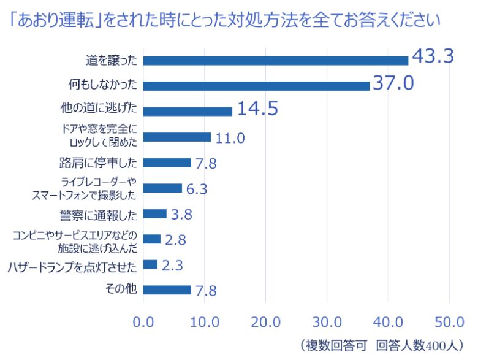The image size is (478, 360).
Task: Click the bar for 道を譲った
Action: [275, 60]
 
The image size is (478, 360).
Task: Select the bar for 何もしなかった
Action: [256, 86]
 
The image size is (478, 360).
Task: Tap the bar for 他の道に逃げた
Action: [188, 111]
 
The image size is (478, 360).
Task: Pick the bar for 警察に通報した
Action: [154, 213]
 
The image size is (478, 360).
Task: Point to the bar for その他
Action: [167, 289]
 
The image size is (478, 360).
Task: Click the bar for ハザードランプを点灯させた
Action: [150, 264]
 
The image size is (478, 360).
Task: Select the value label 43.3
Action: [432, 56]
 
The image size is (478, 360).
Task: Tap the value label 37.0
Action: [393, 82]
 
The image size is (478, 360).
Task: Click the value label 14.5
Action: [257, 109]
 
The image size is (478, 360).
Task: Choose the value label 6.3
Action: [197, 188]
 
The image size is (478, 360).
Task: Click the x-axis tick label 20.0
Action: [265, 321]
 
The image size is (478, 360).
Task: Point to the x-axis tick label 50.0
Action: [449, 321]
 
